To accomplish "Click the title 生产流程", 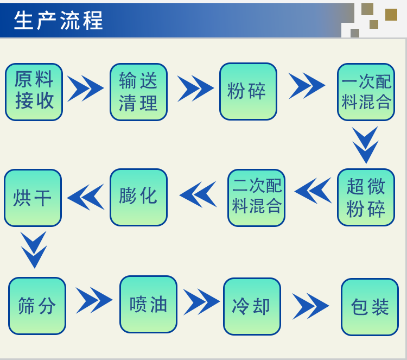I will (x=59, y=21).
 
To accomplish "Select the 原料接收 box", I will (x=34, y=92).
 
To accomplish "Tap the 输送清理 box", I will (x=138, y=92).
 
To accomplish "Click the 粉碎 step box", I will (x=248, y=91).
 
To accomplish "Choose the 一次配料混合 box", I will (x=366, y=92).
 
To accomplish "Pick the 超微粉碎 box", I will (x=366, y=197).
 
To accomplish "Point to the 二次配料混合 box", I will (x=256, y=198).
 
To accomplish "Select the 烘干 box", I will (x=33, y=198).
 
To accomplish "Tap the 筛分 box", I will (x=37, y=306).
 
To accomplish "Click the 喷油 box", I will (x=148, y=304).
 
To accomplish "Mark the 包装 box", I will (x=370, y=307).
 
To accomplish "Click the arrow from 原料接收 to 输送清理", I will (x=86, y=89).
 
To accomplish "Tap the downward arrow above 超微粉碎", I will (x=365, y=144).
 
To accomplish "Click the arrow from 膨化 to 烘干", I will (x=86, y=197).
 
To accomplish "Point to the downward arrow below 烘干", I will (x=34, y=249).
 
